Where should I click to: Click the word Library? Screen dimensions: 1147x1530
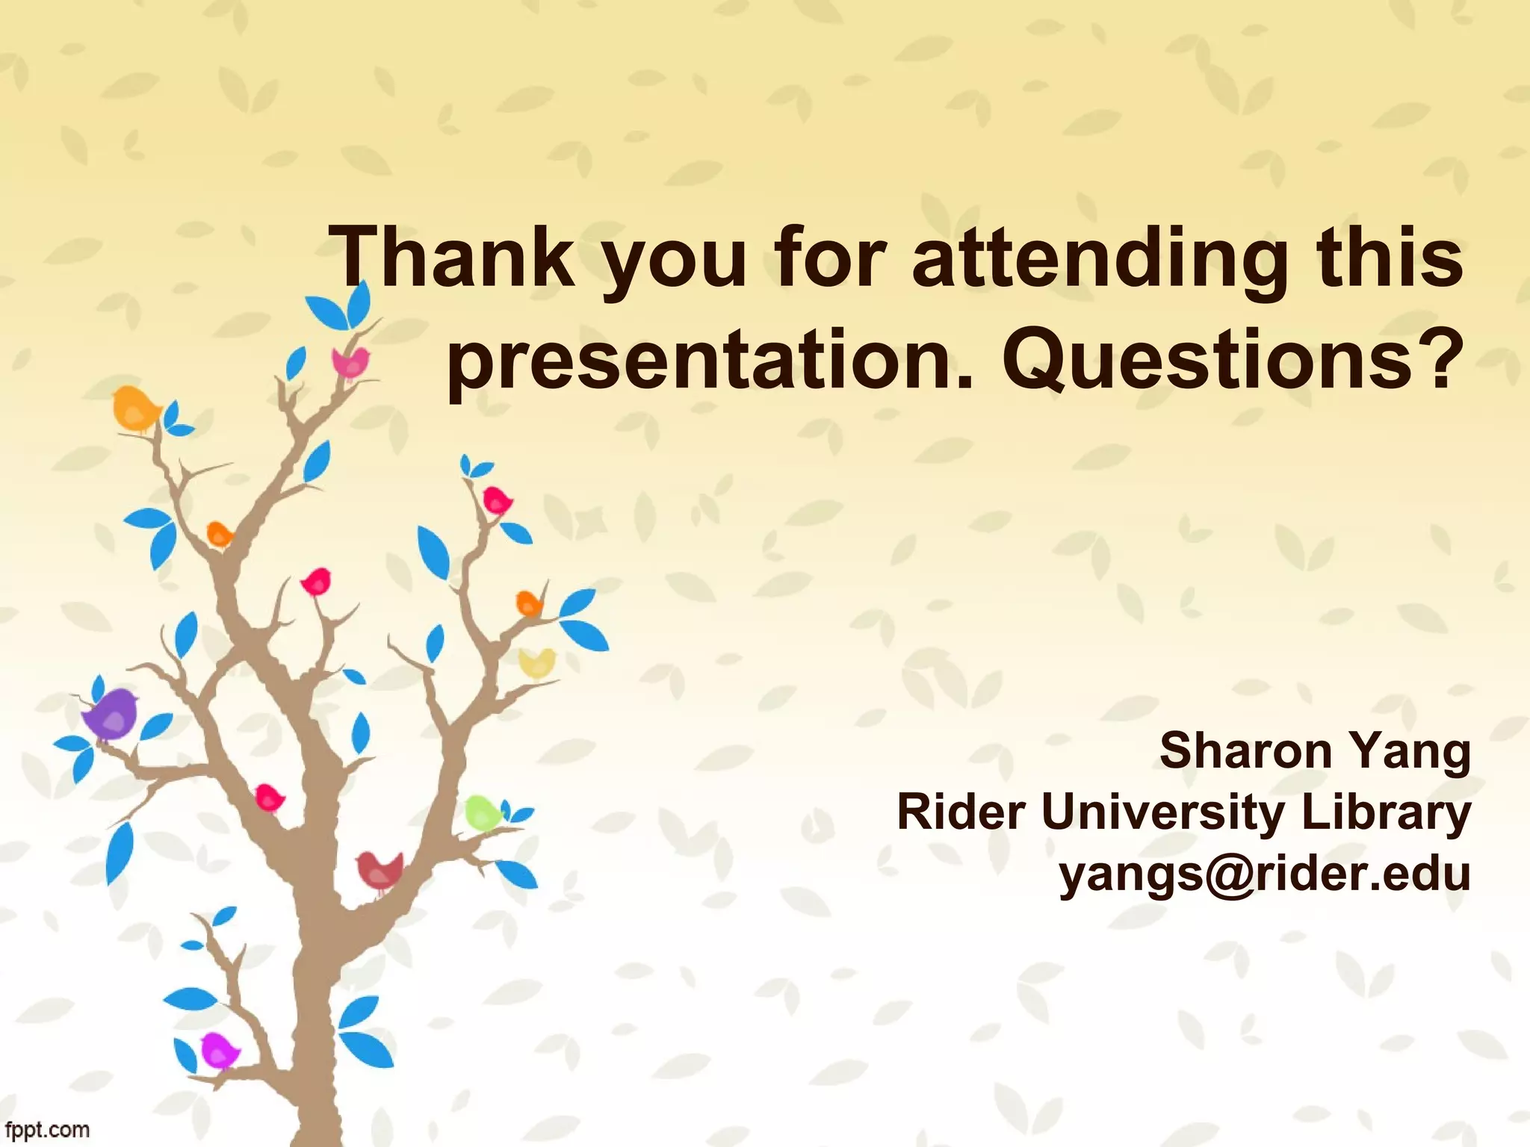1386,814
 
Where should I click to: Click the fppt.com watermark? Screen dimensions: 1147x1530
46,1129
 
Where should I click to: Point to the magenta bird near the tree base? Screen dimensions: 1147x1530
219,1049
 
